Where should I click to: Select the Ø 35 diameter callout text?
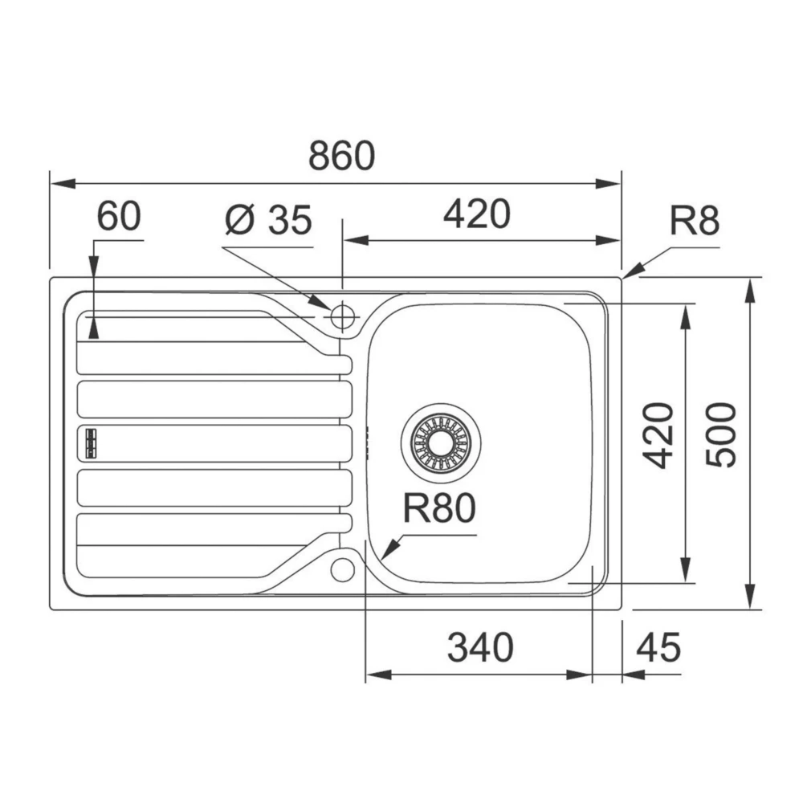coord(268,219)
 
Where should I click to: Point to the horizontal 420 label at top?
coord(476,214)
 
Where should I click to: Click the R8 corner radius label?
coord(695,221)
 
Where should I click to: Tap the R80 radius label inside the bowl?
coord(440,507)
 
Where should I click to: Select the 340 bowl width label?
coord(480,647)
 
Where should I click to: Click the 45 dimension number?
coord(659,647)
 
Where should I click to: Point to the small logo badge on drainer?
coord(88,442)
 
